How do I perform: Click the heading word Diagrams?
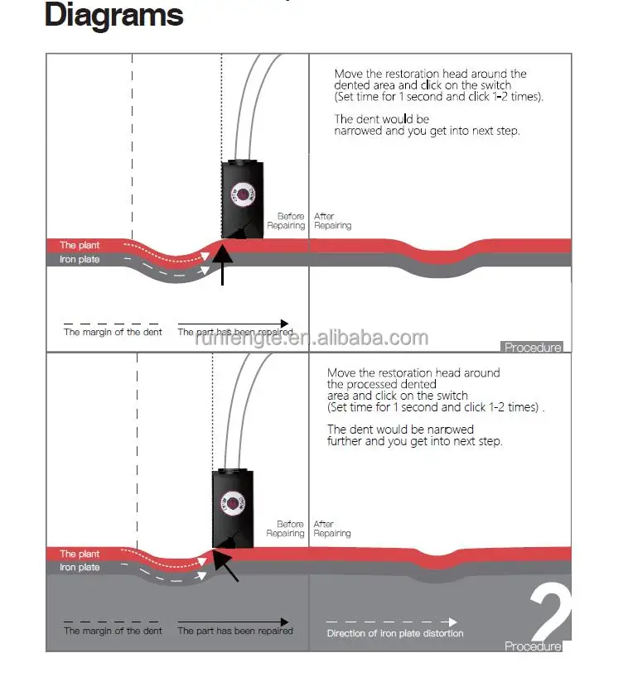click(x=113, y=16)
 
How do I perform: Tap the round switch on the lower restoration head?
click(x=233, y=501)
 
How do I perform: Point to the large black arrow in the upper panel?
click(x=223, y=261)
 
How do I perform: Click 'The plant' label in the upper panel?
click(x=80, y=245)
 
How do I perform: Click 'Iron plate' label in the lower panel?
click(x=80, y=567)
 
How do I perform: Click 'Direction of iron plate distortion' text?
click(x=395, y=633)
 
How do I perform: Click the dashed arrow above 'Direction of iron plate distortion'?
click(x=391, y=622)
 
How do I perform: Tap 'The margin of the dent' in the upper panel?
click(x=113, y=332)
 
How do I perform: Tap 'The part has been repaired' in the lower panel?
click(x=235, y=631)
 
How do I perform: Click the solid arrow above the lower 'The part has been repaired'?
click(x=234, y=622)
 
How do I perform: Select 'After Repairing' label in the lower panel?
click(x=331, y=529)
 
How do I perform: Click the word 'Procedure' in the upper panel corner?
click(x=533, y=348)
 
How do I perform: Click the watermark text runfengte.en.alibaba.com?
click(x=311, y=338)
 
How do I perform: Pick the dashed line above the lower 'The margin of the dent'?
click(x=113, y=622)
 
